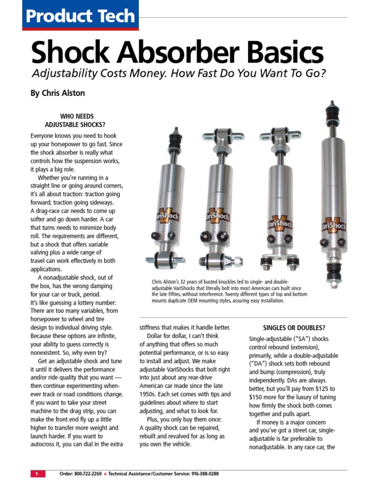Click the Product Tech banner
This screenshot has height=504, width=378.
[80, 16]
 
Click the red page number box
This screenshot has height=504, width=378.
[37, 473]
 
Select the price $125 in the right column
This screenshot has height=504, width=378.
[318, 389]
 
